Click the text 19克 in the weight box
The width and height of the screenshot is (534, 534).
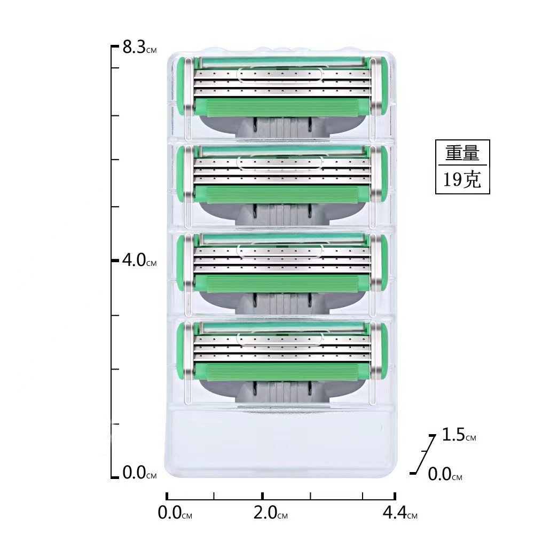point(462,180)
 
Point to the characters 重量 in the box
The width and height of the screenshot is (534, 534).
point(462,154)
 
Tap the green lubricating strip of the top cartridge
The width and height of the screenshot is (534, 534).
point(280,107)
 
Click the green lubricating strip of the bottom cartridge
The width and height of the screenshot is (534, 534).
point(280,371)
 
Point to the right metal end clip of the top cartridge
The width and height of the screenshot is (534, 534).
point(376,85)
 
